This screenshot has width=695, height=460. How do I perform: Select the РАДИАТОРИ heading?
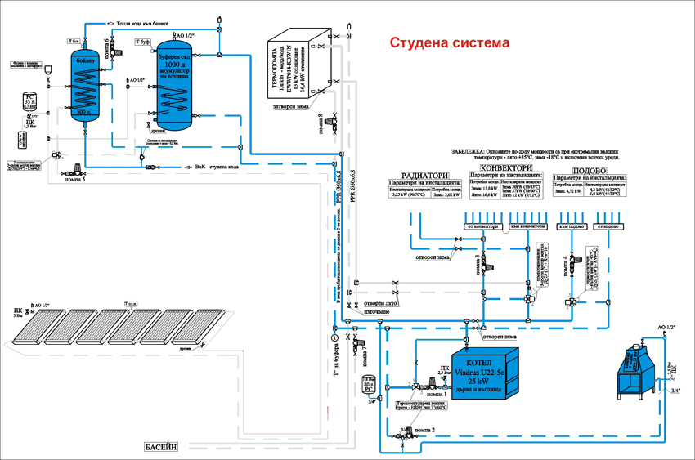click(426, 174)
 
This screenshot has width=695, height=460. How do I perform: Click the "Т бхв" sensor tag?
click(72, 40)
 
